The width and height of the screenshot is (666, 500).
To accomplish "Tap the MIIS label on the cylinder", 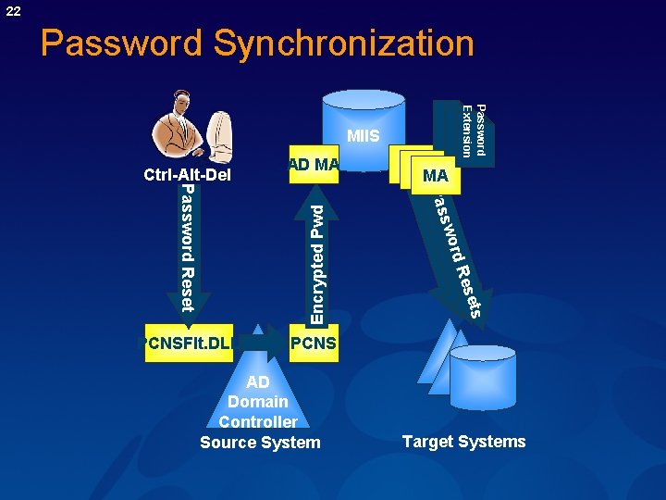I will click(x=363, y=137).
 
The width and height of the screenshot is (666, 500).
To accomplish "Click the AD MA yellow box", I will click(x=314, y=165).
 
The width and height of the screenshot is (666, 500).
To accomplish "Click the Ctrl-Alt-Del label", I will click(x=187, y=174).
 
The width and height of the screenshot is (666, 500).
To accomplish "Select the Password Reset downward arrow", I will click(x=188, y=250).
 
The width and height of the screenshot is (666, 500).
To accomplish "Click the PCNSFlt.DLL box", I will click(x=188, y=343).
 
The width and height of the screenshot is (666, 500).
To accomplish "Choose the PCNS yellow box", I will click(x=313, y=343).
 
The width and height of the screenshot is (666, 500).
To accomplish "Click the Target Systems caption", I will click(x=463, y=442).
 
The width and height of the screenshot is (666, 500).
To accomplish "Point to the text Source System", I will click(x=260, y=443).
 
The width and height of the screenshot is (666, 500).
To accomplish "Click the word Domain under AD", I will click(x=258, y=402).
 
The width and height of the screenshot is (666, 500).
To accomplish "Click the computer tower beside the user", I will click(x=219, y=139).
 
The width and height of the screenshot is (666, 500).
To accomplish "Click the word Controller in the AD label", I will click(x=258, y=422).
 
